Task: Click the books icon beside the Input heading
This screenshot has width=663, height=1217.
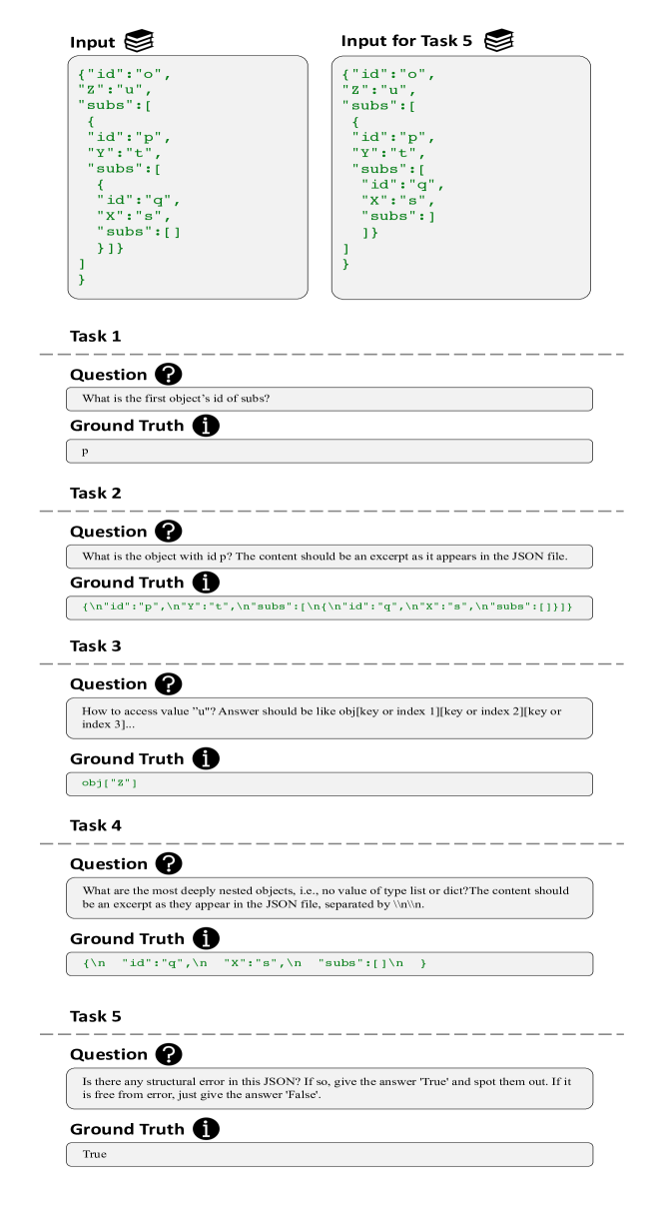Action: pyautogui.click(x=139, y=41)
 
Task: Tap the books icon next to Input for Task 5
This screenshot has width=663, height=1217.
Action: pyautogui.click(x=498, y=41)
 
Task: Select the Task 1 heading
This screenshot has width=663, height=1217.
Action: pyautogui.click(x=95, y=337)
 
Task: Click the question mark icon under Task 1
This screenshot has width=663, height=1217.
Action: pyautogui.click(x=170, y=375)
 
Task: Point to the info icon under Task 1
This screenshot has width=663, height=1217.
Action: pyautogui.click(x=206, y=426)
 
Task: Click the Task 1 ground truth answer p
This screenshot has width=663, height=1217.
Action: pyautogui.click(x=85, y=451)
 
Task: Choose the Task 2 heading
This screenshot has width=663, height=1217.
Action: pyautogui.click(x=95, y=494)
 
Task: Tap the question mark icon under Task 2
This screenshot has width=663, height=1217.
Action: pyautogui.click(x=170, y=532)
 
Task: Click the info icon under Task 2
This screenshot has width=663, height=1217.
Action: pyautogui.click(x=206, y=583)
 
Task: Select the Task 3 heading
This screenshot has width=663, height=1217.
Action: pyautogui.click(x=95, y=646)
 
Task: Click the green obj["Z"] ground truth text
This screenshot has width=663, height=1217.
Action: pyautogui.click(x=109, y=783)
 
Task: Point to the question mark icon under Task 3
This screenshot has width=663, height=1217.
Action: pyautogui.click(x=170, y=684)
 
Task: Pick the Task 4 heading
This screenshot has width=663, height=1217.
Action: pyautogui.click(x=95, y=826)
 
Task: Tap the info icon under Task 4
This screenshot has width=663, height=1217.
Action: pyautogui.click(x=206, y=939)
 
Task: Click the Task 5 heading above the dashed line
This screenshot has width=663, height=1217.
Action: pyautogui.click(x=95, y=1017)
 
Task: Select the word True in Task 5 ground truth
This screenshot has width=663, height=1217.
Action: pyautogui.click(x=94, y=1154)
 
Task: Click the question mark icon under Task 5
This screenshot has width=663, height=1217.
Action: pyautogui.click(x=170, y=1055)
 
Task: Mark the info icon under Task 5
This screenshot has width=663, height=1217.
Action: pyautogui.click(x=206, y=1130)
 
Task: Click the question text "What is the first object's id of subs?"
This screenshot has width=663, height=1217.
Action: pyautogui.click(x=175, y=399)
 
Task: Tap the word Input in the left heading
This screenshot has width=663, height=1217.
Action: pyautogui.click(x=93, y=42)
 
